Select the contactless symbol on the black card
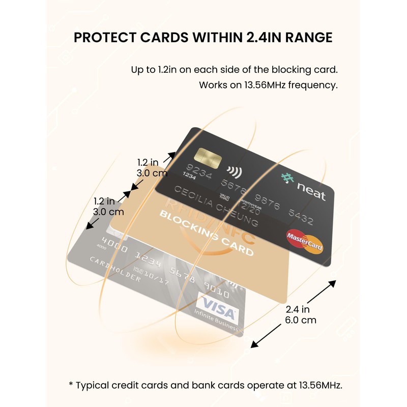click(x=234, y=171)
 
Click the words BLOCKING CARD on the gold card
click(x=206, y=232)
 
